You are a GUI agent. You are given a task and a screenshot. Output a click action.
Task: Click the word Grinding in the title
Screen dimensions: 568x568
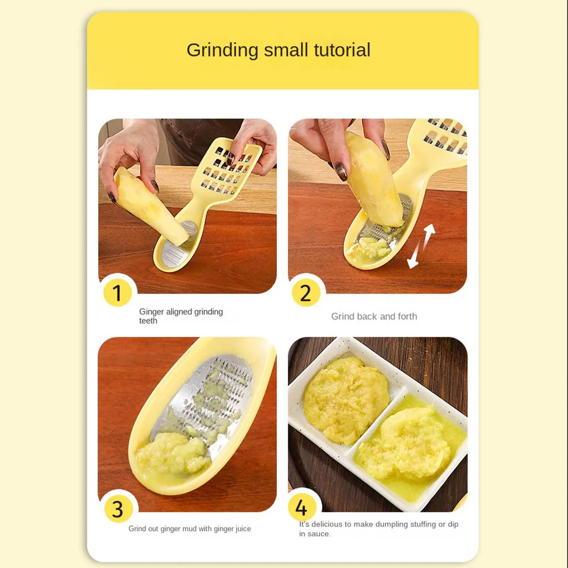(222, 50)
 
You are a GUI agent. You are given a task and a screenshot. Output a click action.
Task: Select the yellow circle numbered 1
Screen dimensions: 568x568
(117, 292)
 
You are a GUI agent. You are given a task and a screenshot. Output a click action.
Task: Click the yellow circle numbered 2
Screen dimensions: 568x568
(306, 292)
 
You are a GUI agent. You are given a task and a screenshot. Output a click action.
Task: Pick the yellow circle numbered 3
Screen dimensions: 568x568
(118, 509)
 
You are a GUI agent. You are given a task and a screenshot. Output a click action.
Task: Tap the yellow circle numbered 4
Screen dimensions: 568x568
(302, 507)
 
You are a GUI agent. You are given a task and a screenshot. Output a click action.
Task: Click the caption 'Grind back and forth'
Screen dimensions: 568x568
(374, 316)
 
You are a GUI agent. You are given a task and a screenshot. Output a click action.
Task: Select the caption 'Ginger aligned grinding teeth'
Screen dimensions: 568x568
(181, 316)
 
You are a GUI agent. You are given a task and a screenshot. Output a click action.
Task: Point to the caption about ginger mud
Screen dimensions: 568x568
(190, 529)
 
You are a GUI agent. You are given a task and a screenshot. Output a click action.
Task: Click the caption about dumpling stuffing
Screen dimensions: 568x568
(378, 529)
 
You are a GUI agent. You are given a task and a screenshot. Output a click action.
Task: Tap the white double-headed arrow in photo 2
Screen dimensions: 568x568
(421, 246)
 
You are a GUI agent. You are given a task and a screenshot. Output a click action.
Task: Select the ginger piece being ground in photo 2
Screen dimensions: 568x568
(374, 179)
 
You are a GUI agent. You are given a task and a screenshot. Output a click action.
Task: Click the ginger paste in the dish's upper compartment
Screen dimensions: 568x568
(346, 400)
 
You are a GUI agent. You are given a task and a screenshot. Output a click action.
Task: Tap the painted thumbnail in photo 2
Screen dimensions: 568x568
(341, 171)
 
